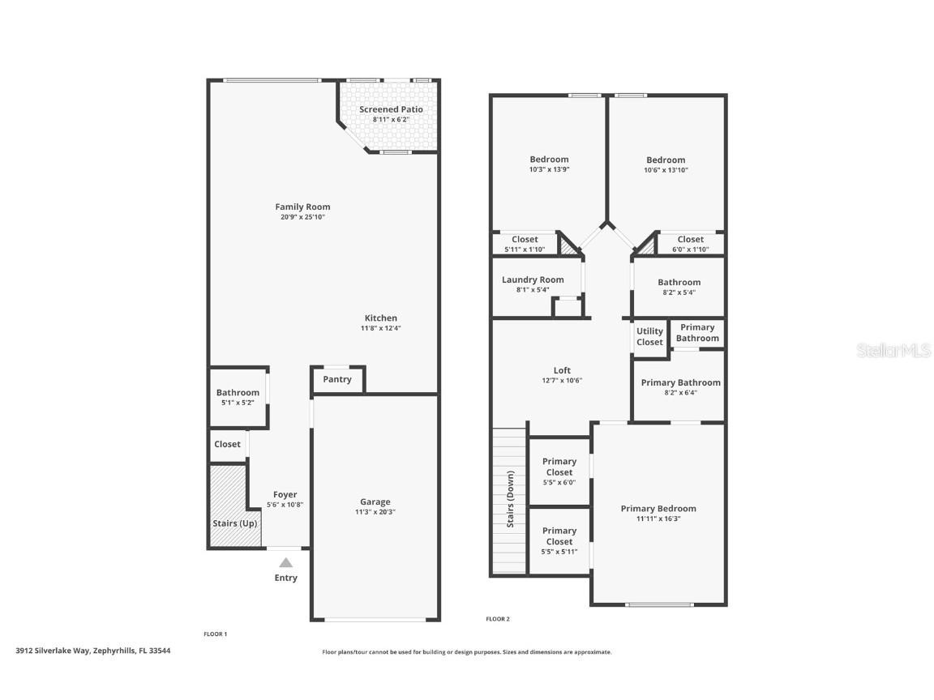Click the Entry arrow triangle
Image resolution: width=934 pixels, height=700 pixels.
pyautogui.click(x=285, y=562)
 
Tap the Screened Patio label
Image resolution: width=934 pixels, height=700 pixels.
pyautogui.click(x=391, y=109)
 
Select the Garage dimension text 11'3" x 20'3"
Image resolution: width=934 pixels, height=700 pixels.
pyautogui.click(x=375, y=512)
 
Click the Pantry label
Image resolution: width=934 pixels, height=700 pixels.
pyautogui.click(x=337, y=379)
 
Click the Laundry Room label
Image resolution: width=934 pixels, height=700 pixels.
pyautogui.click(x=533, y=280)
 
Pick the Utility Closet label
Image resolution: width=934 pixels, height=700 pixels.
pyautogui.click(x=649, y=337)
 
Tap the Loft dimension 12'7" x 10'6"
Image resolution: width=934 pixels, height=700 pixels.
pyautogui.click(x=562, y=381)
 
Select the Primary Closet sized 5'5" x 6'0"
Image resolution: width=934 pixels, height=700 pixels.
pyautogui.click(x=559, y=472)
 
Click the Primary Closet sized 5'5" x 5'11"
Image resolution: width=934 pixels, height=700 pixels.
pyautogui.click(x=559, y=540)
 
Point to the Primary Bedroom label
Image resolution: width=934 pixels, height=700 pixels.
pyautogui.click(x=658, y=509)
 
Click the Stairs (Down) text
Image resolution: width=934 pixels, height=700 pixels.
pyautogui.click(x=510, y=498)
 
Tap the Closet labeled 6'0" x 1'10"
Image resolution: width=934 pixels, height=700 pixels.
pyautogui.click(x=690, y=244)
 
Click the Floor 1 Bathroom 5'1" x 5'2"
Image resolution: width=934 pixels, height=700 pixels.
pyautogui.click(x=238, y=397)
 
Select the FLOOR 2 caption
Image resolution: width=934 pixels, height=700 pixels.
pyautogui.click(x=498, y=619)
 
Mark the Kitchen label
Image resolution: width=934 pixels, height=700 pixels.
pyautogui.click(x=380, y=318)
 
